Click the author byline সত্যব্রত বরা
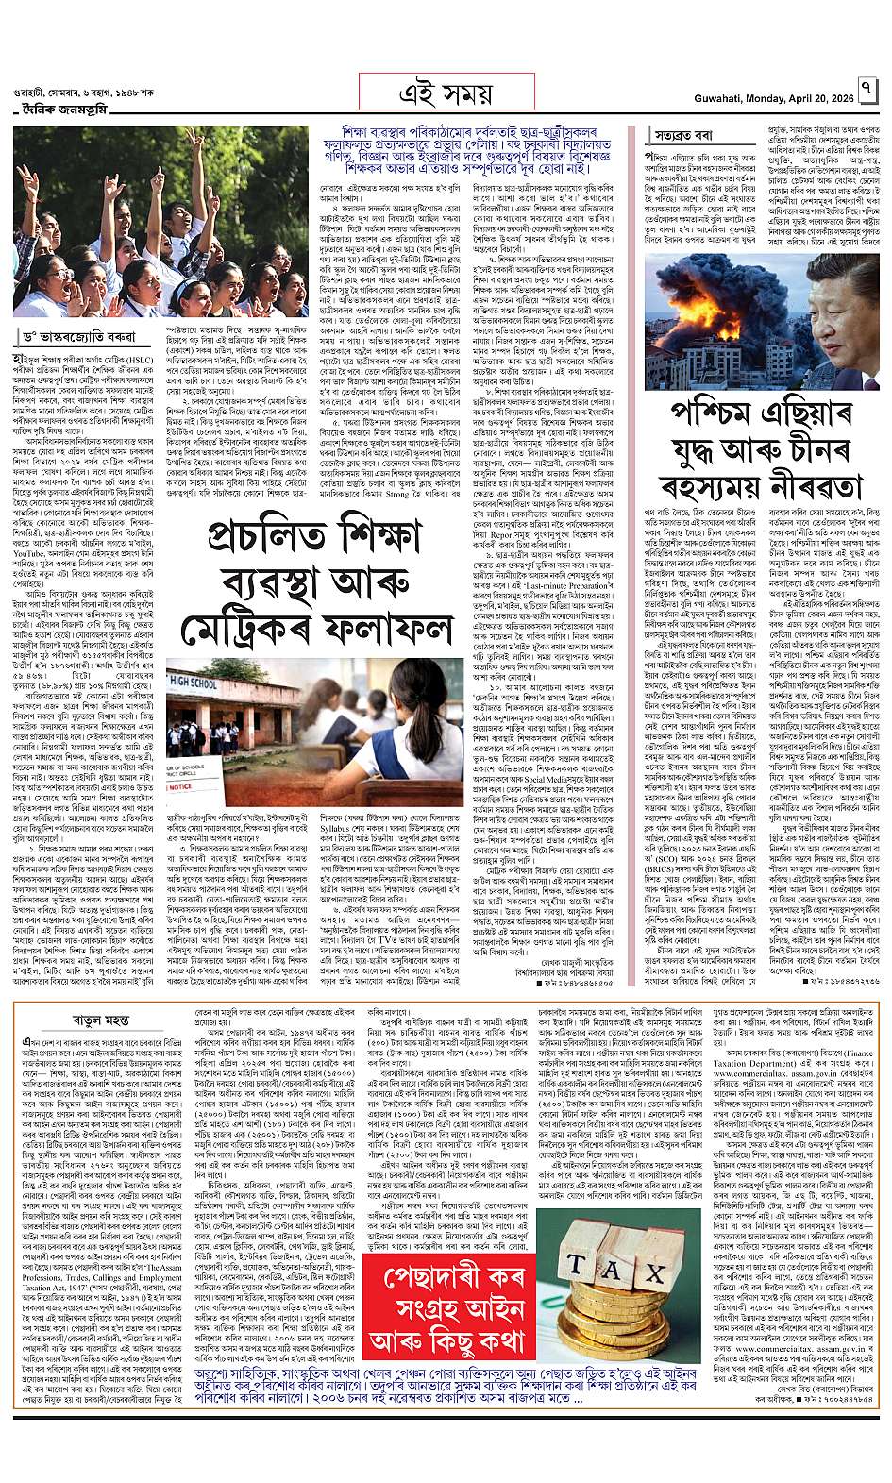pyautogui.click(x=690, y=135)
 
